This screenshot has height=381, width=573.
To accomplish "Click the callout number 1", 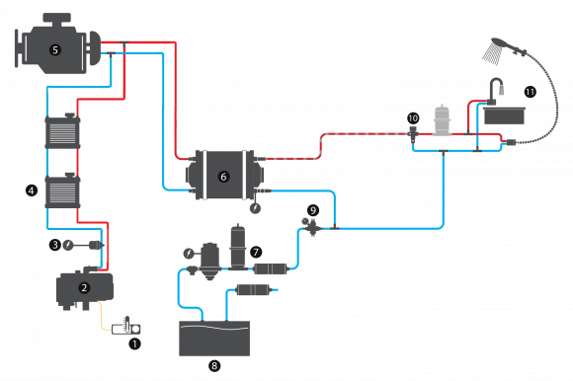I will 135,344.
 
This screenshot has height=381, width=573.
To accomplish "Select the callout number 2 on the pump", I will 84,288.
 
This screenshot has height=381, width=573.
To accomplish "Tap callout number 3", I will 55,245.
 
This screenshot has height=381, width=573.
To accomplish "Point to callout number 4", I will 32,190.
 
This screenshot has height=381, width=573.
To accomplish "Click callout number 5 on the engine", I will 55,50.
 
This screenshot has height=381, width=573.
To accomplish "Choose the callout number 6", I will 223,177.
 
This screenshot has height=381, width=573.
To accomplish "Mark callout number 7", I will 256,253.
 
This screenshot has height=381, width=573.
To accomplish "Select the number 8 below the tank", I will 214,365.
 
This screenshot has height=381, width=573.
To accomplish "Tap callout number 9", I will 313,210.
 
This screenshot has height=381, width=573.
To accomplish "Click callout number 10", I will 413,118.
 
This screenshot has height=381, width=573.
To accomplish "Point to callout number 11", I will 530,92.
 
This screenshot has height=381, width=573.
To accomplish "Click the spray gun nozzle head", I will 495,50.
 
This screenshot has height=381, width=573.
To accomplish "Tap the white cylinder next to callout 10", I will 442,120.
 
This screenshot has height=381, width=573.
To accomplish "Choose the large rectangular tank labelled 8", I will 214,338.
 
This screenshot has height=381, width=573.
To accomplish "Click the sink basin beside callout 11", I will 505,115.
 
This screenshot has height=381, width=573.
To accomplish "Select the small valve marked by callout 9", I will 311,227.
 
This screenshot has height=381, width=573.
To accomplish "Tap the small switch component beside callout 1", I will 127,328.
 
